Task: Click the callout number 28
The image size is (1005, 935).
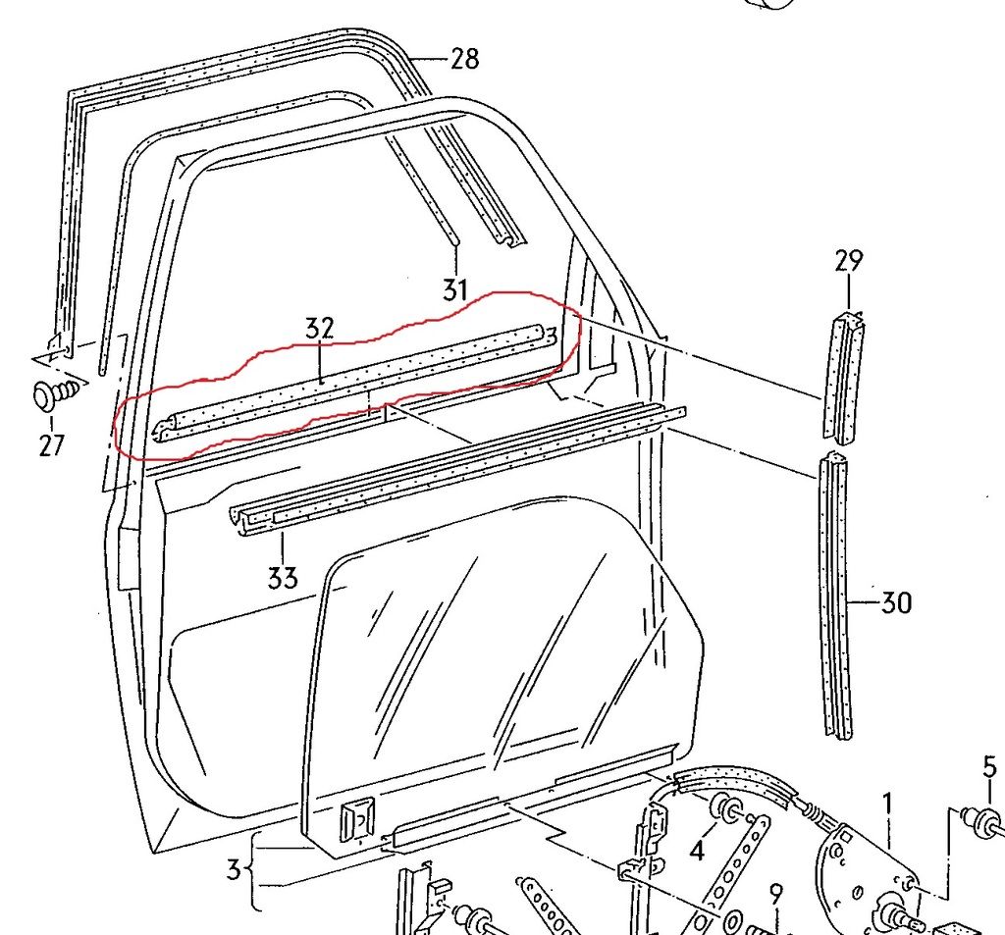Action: (464, 59)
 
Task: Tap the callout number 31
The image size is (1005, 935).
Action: (454, 289)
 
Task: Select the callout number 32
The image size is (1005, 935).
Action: (320, 330)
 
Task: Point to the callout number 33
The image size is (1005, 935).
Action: (282, 578)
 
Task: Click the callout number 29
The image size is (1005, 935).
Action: (848, 261)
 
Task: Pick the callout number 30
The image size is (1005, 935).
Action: (895, 602)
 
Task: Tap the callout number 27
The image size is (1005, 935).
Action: (51, 446)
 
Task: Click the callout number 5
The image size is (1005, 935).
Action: (989, 766)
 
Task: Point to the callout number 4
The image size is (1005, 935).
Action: (696, 852)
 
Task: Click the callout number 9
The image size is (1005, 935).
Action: (774, 895)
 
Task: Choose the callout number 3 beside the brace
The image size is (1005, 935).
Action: (233, 869)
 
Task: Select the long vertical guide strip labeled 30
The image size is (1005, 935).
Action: (834, 598)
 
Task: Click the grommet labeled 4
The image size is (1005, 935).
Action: (728, 810)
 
